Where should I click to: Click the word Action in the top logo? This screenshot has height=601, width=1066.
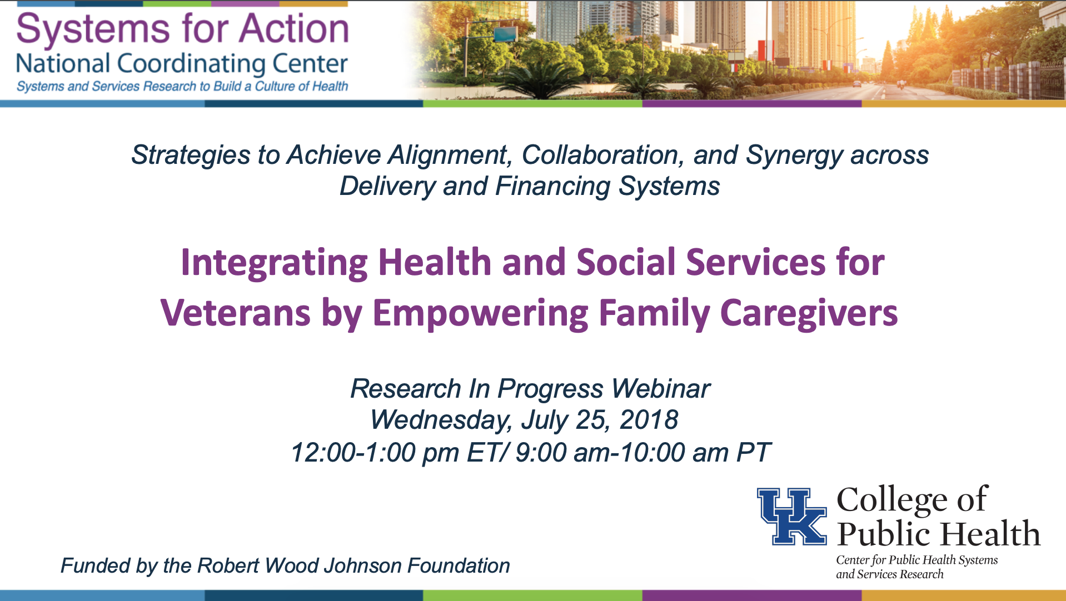(x=295, y=29)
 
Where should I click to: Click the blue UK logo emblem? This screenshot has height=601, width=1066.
(x=792, y=516)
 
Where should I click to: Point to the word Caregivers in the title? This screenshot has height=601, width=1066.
(x=809, y=314)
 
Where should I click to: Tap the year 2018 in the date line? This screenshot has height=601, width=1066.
(x=649, y=420)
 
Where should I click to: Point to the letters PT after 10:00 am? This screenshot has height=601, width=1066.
(x=753, y=452)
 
